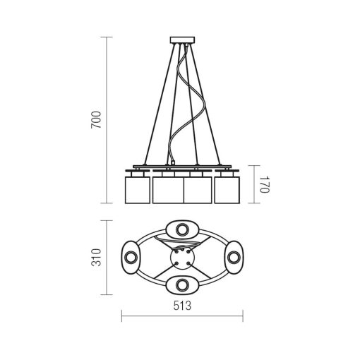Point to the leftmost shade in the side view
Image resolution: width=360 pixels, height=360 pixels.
click(138, 188)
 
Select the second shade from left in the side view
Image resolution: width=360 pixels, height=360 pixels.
click(168, 190)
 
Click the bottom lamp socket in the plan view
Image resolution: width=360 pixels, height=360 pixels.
click(182, 284)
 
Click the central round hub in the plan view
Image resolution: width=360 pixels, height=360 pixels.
click(182, 258)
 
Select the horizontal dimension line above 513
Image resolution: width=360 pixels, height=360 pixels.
click(182, 314)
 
